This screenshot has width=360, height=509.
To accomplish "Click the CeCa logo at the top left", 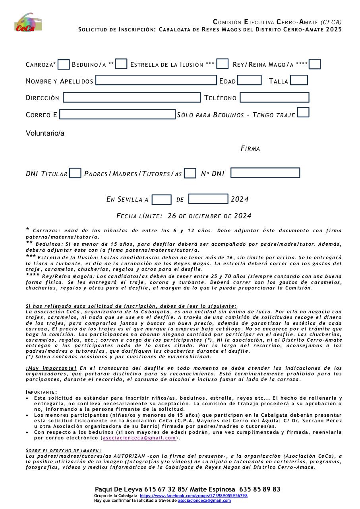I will coord(28,23).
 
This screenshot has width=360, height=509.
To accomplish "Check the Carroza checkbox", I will coord(64,64).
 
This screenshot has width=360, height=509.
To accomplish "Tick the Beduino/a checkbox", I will coord(121,64).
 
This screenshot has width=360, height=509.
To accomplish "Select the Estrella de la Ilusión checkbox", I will coord(223,64).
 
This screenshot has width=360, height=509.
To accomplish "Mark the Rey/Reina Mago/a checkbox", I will coord(315,64).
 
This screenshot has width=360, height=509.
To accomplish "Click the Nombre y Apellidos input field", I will coord(156,80).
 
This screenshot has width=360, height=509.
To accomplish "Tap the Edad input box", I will coord(250,80).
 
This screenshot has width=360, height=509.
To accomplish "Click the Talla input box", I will coord(299,80).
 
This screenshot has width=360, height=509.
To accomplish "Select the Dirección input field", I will coord(132,97).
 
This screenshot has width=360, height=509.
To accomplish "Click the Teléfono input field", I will coord(275,97).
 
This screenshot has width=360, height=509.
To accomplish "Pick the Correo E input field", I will coord(117,115).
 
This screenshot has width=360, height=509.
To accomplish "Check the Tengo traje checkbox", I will coord(303,113).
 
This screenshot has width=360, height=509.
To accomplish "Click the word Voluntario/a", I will coord(45,133).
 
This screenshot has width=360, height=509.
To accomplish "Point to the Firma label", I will coord(250,149).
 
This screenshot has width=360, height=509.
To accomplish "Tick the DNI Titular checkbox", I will coord(75,173).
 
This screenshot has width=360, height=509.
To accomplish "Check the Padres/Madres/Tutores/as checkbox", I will coord(190,173).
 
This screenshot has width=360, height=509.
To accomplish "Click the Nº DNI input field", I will coord(265,173).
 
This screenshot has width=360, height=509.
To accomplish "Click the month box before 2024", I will coord(208,199).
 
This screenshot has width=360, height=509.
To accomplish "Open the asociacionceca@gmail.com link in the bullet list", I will coord(139,438).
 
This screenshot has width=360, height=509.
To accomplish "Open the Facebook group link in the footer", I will coord(194,496).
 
